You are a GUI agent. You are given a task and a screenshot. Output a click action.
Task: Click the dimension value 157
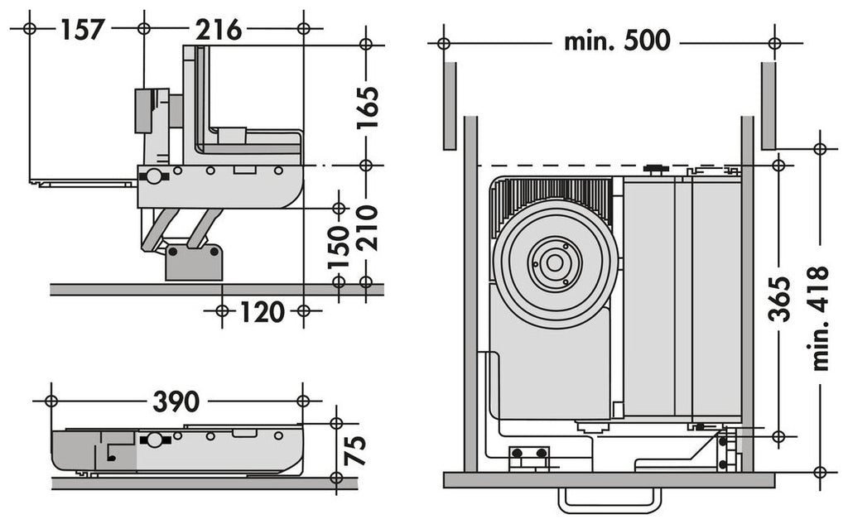(83, 30)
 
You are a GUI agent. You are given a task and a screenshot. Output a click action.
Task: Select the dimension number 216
(219, 30)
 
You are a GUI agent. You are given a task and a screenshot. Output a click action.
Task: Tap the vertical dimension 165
(367, 106)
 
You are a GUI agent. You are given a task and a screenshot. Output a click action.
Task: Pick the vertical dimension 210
(367, 227)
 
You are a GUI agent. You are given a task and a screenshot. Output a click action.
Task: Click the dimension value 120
(263, 312)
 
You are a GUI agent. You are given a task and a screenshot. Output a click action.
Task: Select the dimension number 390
(176, 401)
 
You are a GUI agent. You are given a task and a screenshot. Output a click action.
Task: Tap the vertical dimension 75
(354, 450)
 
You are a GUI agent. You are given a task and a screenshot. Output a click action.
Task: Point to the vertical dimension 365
(778, 294)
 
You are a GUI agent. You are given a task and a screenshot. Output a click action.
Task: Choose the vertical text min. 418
(820, 318)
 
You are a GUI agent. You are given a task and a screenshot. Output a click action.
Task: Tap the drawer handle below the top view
(610, 500)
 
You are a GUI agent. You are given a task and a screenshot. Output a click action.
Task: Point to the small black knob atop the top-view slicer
(657, 170)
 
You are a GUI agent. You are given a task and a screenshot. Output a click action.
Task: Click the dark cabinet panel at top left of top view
(450, 105)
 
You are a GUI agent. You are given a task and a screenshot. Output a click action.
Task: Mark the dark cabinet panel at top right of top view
(768, 105)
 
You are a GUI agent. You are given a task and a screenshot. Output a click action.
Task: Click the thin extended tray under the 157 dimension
(83, 181)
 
